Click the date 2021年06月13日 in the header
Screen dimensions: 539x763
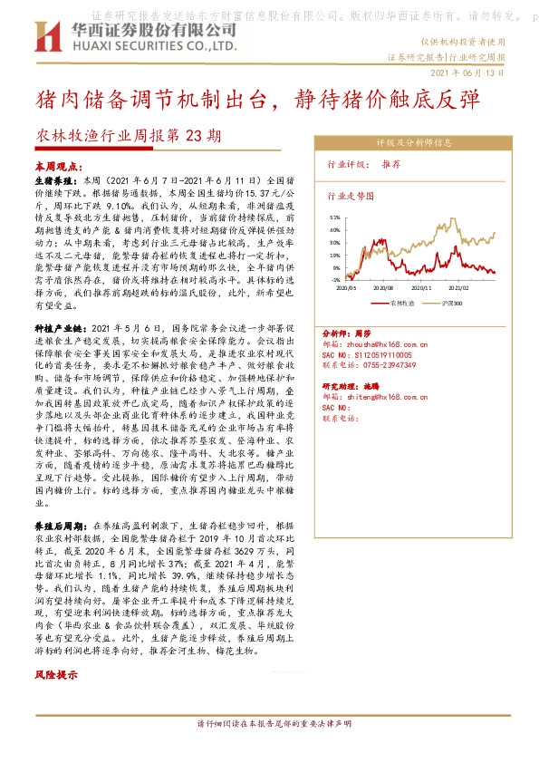tap(467, 72)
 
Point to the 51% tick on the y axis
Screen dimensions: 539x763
tap(334, 217)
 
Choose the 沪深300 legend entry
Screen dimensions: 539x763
tap(451, 303)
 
